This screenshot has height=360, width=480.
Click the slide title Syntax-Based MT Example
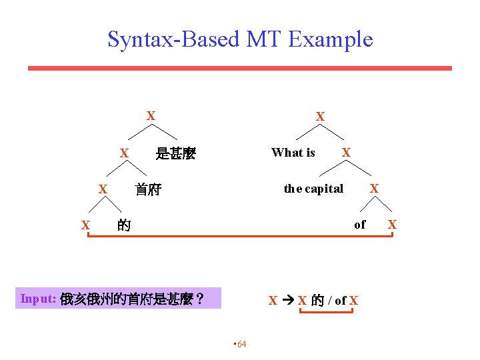[240, 39]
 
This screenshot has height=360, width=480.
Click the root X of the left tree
[151, 116]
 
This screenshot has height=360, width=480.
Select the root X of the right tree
[321, 117]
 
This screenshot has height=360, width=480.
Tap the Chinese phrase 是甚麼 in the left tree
[175, 154]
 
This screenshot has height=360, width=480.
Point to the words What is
[293, 153]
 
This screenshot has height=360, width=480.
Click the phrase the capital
[313, 189]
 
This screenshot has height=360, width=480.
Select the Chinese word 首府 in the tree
[148, 190]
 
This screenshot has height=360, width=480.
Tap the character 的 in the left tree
[123, 225]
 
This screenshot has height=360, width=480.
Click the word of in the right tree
[360, 225]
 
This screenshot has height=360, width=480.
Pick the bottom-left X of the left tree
[85, 225]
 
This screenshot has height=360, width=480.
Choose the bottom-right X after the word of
[392, 225]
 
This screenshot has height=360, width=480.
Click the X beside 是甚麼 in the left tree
[124, 154]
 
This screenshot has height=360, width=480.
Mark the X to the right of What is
[346, 153]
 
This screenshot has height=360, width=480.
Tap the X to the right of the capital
[374, 189]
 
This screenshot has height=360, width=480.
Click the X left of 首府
[103, 190]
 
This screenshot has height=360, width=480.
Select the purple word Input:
[37, 299]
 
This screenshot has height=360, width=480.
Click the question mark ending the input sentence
[199, 299]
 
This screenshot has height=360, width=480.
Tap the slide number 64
[241, 344]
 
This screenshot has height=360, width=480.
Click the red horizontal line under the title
[239, 68]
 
